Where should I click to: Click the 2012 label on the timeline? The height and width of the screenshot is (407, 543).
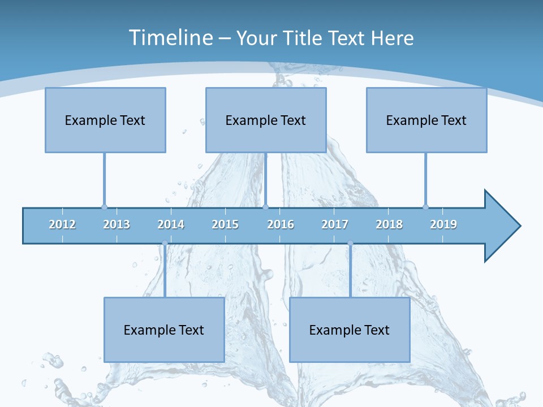62,224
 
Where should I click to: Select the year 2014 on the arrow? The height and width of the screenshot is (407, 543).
171,224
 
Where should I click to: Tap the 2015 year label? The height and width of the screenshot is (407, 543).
225,224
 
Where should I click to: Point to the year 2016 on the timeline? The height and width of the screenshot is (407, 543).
281,224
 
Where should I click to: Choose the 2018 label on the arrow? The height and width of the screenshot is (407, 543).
389,224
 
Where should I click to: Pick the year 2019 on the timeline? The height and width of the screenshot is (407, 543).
443,224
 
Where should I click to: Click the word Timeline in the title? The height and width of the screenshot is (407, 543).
169,37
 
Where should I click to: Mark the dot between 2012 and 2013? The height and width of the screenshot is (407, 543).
104,207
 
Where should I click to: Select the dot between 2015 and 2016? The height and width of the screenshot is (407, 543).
265,207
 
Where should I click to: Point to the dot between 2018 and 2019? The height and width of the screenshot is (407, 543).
425,207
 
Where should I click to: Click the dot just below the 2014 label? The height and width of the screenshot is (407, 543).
165,243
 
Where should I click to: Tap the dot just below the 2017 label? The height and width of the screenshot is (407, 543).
350,243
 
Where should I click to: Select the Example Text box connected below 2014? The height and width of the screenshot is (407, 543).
164,330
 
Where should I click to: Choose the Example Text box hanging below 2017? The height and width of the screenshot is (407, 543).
350,330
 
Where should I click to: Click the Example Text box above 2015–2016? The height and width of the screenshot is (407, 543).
266,120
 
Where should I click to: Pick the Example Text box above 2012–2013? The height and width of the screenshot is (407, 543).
105,120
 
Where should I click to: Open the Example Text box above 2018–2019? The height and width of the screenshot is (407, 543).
426,120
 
